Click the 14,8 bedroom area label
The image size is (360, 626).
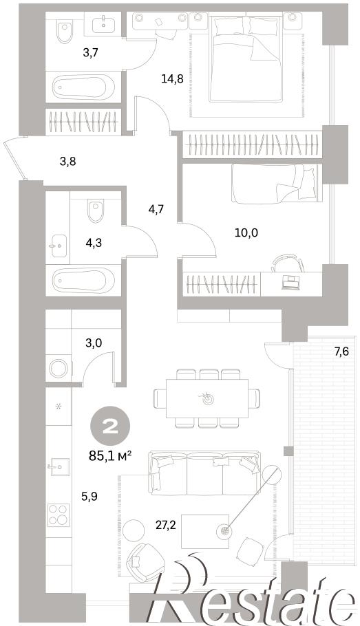point(172,78)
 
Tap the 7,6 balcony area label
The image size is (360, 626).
point(341,352)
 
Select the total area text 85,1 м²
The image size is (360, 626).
point(110,455)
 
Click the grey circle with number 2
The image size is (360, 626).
point(110,428)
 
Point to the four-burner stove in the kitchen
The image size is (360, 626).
point(59,515)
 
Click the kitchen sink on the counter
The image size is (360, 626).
point(58,466)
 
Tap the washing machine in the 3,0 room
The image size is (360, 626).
point(59,368)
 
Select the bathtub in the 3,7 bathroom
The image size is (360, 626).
point(84,87)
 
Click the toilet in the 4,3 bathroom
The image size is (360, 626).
point(96,212)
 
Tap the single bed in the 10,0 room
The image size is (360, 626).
point(277,183)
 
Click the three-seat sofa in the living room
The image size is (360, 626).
point(204,473)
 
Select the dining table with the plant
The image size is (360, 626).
point(207,398)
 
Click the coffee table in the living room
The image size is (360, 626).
point(205,530)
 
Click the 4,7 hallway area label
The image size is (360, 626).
point(156,209)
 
